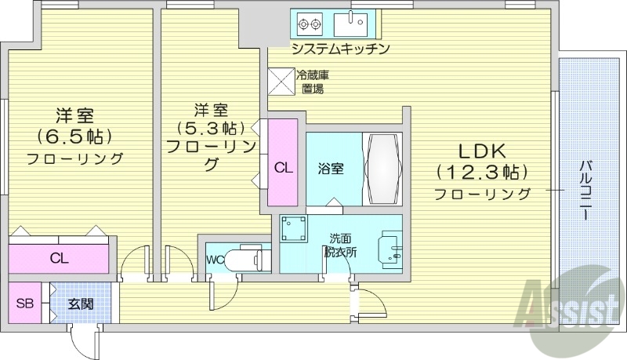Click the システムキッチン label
pos(340,49)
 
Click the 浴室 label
pos(329,169)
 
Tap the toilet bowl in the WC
pos(248,259)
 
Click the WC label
pos(216,260)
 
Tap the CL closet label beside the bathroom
pos(283,167)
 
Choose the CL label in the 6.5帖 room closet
pos(58,257)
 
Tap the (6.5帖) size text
pos(74,136)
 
